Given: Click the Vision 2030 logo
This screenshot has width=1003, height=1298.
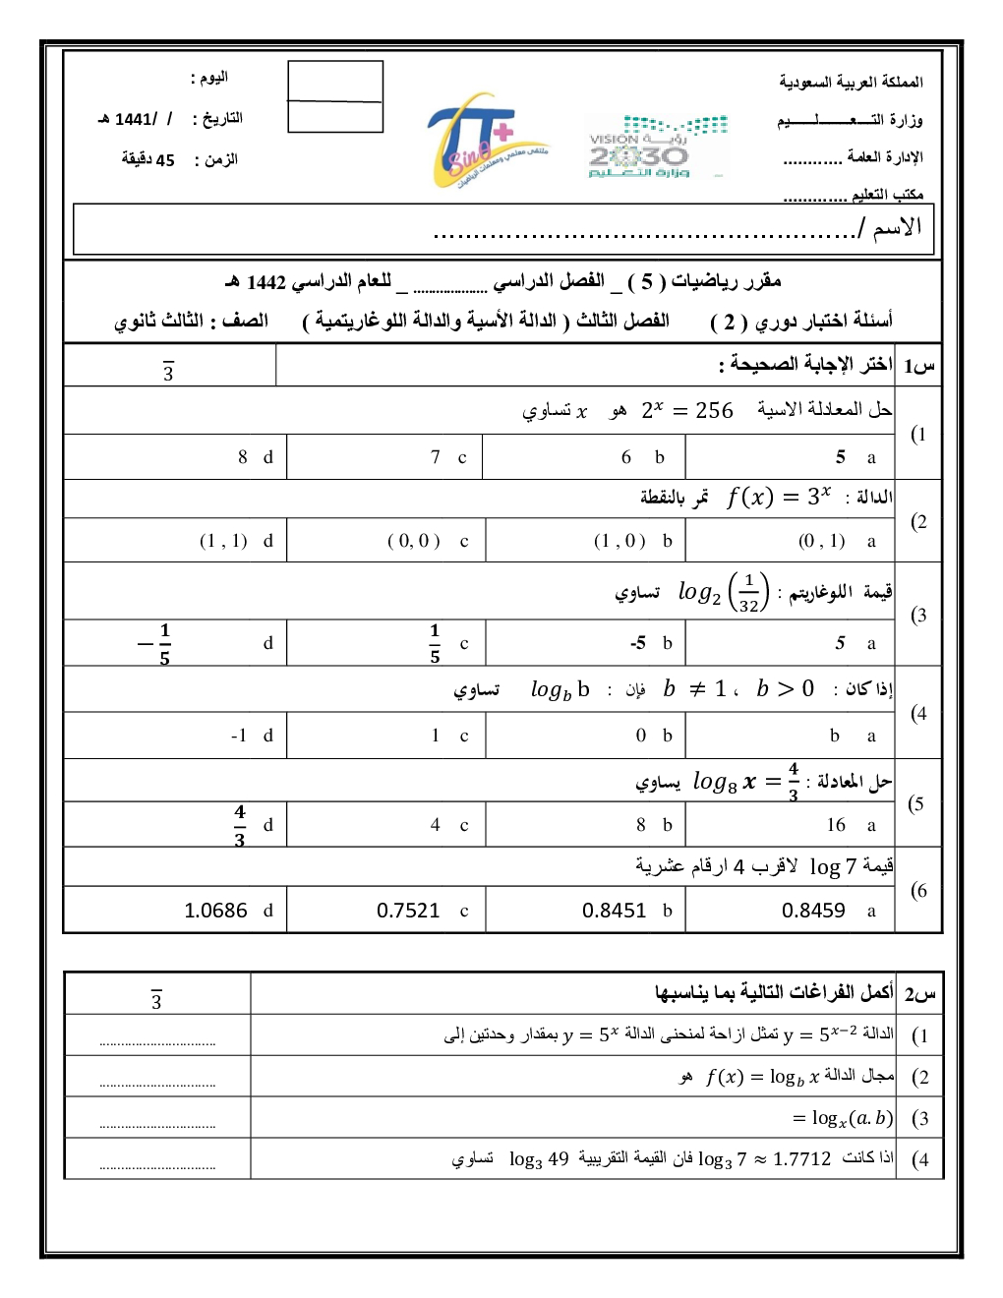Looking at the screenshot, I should coord(657,146).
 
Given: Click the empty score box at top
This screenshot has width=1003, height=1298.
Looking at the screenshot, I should coord(335,96).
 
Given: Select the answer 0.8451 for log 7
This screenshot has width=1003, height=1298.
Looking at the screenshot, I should coord(614,911).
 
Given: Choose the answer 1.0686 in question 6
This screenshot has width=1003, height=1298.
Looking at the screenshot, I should coord(215,911).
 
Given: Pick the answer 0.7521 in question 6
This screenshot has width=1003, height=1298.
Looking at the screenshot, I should coord(408,911).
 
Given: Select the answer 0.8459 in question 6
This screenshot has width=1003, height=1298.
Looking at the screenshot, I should coord(813,911).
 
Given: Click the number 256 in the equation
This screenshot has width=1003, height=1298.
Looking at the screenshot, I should coord(714,411).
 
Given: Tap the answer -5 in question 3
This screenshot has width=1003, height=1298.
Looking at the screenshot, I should coord(638,643).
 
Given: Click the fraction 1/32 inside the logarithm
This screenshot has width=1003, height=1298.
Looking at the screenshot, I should coord(749,593).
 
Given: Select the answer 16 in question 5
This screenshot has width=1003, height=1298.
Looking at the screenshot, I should coord(836,825).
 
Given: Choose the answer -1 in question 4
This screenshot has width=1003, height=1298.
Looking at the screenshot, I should coord(238,736).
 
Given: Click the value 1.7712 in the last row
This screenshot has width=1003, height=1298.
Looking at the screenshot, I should coord(801,1159).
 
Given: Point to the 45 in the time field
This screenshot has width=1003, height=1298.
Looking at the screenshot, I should coord(165,160).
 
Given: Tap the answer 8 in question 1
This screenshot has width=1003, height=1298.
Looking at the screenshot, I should coord(243,457).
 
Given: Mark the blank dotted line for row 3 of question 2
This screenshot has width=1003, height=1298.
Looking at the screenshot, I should coord(157,1127).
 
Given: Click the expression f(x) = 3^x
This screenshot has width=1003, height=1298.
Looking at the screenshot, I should coord(779,497).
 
